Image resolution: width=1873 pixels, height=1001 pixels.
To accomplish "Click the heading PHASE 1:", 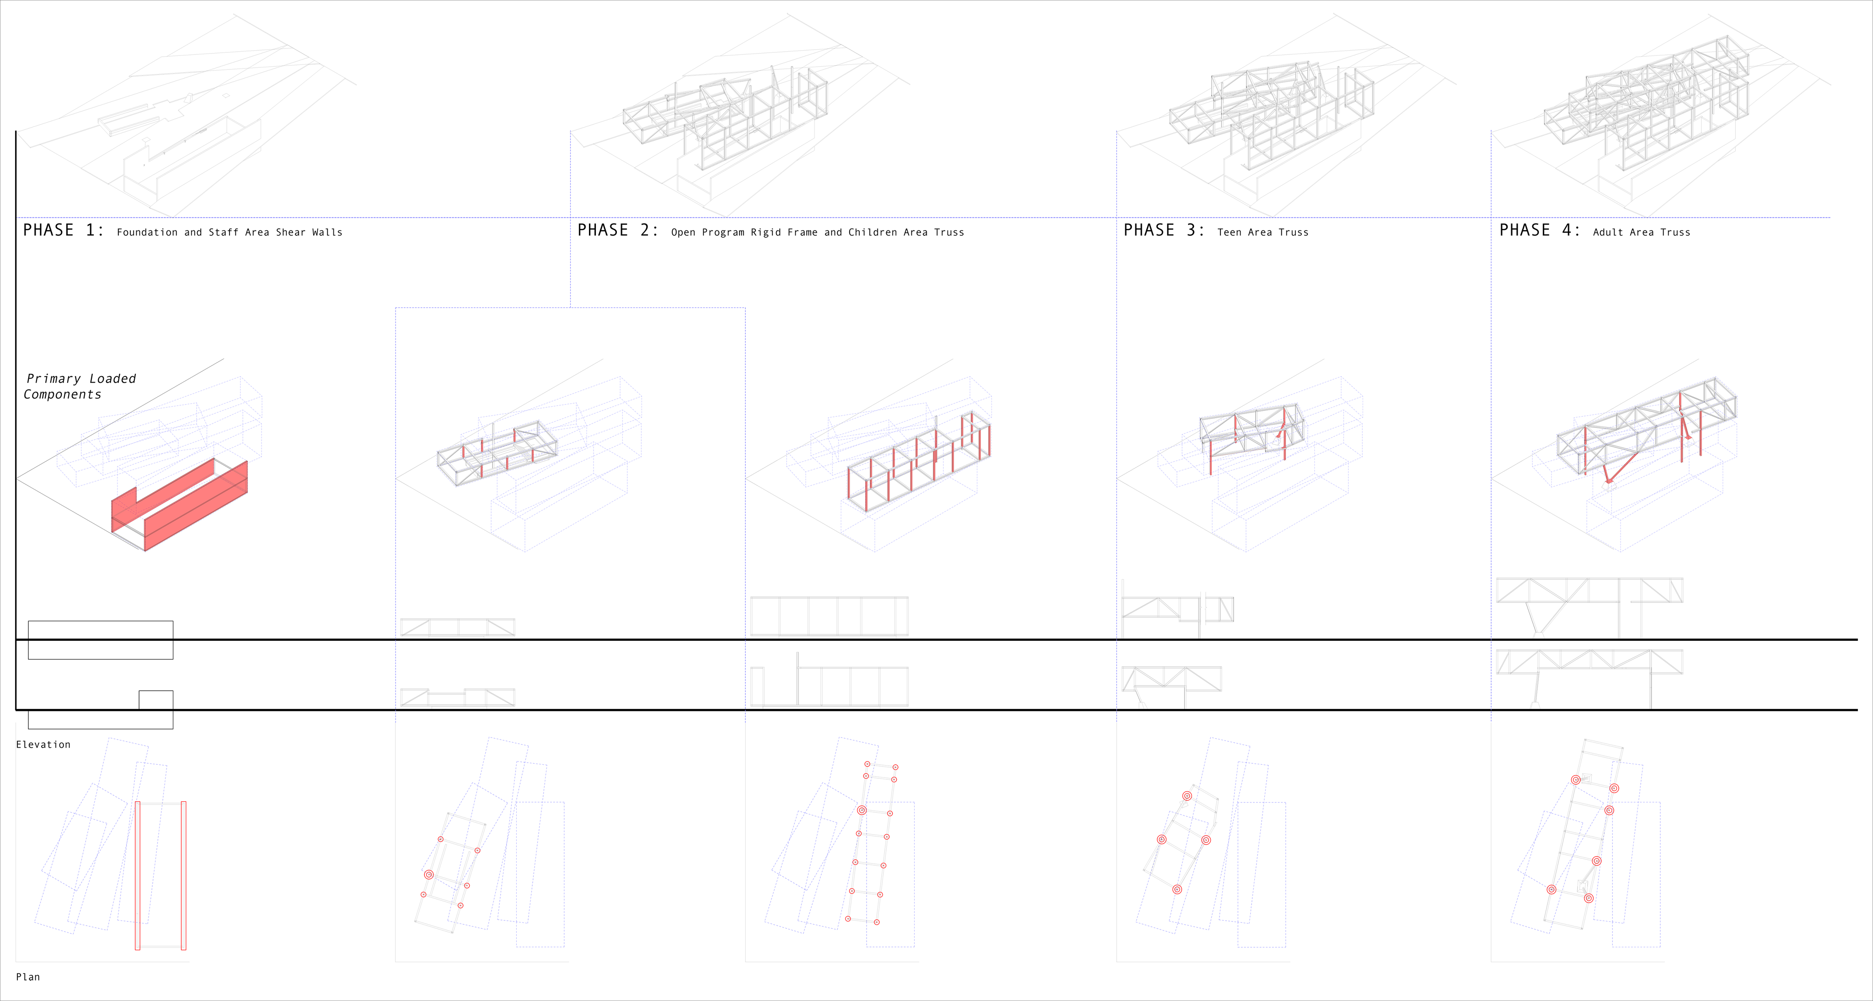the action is tap(63, 230).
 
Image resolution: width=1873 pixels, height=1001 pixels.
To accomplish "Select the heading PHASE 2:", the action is tap(618, 230).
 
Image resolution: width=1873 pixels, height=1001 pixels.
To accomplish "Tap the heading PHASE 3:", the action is tap(1164, 230).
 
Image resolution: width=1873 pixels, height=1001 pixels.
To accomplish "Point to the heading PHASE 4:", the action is tap(1540, 230).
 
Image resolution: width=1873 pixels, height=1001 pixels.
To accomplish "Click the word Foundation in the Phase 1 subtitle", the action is tap(147, 233).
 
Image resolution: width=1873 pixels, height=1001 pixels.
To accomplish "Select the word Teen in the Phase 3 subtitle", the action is tap(1230, 233).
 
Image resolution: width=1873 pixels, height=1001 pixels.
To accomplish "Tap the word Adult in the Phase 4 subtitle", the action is tap(1608, 233).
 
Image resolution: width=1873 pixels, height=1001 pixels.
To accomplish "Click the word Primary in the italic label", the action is tap(54, 379).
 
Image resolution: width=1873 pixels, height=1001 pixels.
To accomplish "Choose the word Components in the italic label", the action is tap(63, 395).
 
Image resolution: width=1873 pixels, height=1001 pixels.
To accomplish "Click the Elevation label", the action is tap(43, 745).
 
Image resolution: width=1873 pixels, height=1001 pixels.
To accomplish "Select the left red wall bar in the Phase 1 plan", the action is tap(138, 875).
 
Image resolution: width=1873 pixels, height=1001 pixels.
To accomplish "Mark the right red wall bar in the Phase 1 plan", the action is tap(183, 875).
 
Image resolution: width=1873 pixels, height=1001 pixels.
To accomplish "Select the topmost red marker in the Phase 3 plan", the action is tap(1187, 796).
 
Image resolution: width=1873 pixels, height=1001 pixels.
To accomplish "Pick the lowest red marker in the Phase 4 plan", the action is tap(1589, 899).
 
